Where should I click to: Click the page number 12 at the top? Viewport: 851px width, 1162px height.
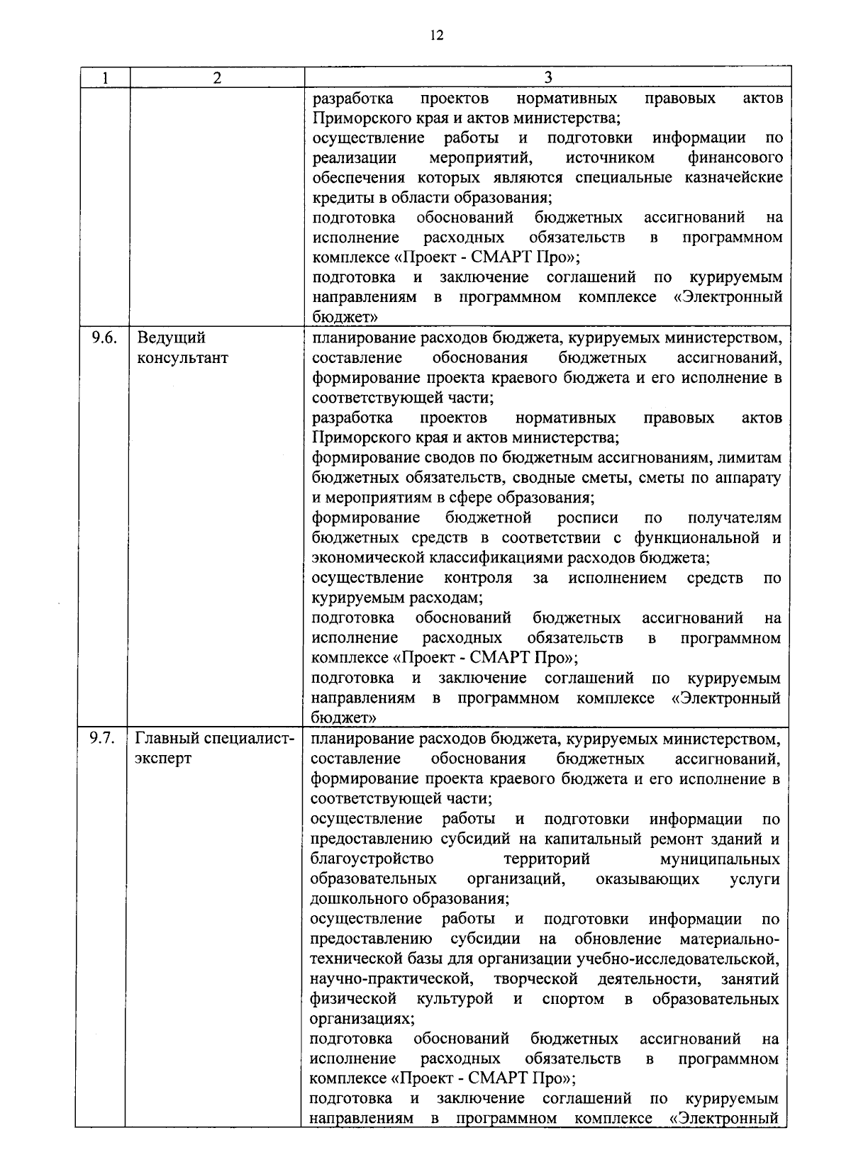click(x=436, y=35)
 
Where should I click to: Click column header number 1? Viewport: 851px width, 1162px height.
click(x=105, y=78)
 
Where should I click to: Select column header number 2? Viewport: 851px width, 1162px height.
click(x=217, y=78)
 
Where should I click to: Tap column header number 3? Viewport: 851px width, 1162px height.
click(x=547, y=78)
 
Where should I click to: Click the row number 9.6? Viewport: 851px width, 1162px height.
click(x=104, y=337)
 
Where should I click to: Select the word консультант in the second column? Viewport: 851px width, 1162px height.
click(x=182, y=357)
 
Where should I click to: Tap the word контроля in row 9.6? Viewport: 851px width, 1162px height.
click(x=478, y=578)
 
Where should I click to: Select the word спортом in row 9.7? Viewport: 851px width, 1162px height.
click(x=572, y=999)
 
